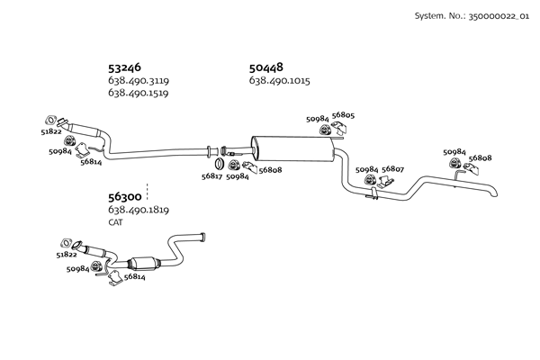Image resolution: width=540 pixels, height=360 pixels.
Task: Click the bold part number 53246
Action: (124, 67)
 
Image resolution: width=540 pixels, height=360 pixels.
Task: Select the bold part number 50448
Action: (265, 67)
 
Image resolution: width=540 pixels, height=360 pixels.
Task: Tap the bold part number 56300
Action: (125, 197)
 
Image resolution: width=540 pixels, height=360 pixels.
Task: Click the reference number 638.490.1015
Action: (279, 81)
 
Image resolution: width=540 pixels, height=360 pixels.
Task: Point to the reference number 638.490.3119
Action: (139, 81)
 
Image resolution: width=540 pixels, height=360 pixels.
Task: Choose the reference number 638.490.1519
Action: (138, 93)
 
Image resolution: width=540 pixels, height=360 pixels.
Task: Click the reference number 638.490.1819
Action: (139, 210)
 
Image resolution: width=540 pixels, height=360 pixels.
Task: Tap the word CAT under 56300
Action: (115, 222)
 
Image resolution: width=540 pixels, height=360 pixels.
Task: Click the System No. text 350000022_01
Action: (499, 16)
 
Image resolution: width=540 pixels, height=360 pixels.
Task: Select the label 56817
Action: (211, 176)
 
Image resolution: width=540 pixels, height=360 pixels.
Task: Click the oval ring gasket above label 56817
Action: (219, 164)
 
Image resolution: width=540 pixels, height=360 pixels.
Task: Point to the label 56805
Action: (343, 115)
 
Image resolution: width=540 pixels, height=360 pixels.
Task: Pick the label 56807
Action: (392, 169)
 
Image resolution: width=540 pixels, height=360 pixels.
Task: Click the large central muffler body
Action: (292, 148)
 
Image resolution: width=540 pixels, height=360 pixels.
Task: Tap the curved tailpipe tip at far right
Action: (493, 193)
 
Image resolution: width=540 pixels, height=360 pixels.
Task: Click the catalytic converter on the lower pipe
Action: (144, 264)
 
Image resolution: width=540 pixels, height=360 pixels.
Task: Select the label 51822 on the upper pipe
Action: (51, 131)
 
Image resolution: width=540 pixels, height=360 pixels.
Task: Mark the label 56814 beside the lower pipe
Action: (135, 276)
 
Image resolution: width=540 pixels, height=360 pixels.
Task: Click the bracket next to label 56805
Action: (339, 128)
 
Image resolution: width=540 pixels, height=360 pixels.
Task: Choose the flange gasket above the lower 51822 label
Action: (66, 243)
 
